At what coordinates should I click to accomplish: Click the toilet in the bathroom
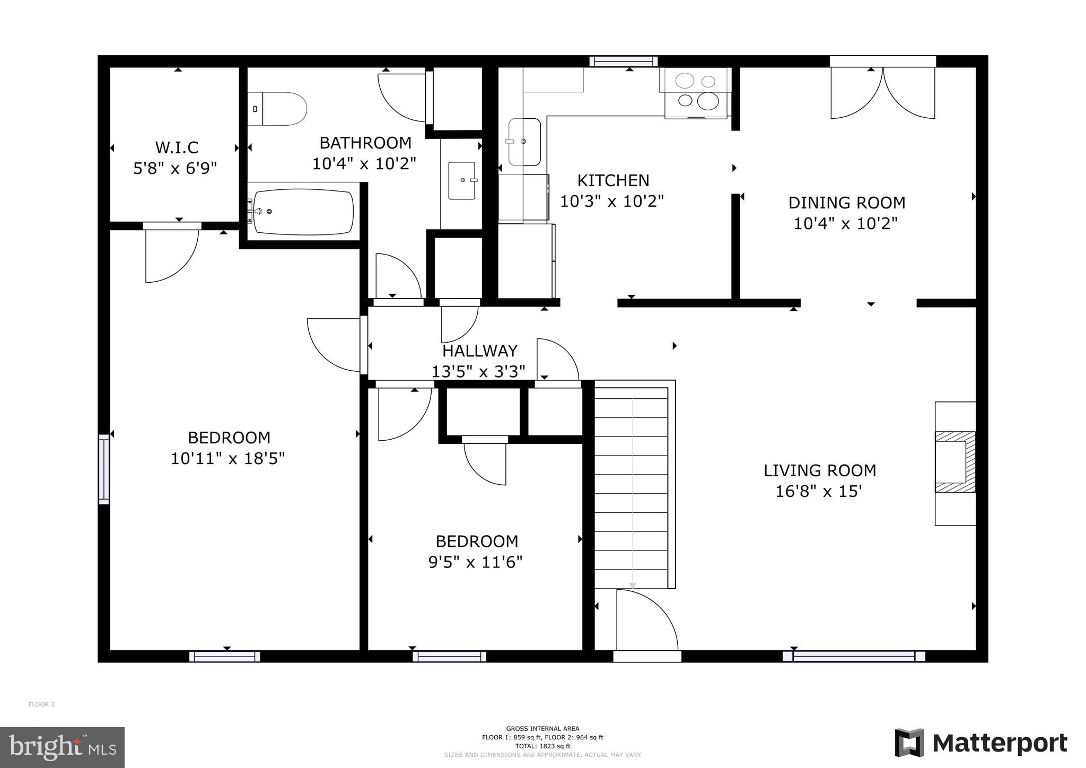[278, 109]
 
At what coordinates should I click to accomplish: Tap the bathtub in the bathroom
[303, 212]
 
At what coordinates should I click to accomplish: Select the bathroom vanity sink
[462, 181]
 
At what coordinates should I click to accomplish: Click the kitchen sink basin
[524, 142]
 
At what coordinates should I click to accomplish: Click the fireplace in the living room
[954, 462]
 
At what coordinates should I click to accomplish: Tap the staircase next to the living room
[631, 485]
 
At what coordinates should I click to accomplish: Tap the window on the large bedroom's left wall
[104, 469]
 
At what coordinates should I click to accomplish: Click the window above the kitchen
[623, 62]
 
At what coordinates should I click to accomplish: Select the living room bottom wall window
[854, 656]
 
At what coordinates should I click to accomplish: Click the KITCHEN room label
[613, 181]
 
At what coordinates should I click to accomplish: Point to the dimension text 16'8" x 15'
[819, 492]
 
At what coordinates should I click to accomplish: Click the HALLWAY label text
[479, 351]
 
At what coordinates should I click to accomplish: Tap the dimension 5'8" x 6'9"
[175, 169]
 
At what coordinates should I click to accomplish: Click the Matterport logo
[980, 743]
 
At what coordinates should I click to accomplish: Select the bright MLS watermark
[62, 748]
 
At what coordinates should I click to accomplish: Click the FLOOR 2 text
[41, 704]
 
